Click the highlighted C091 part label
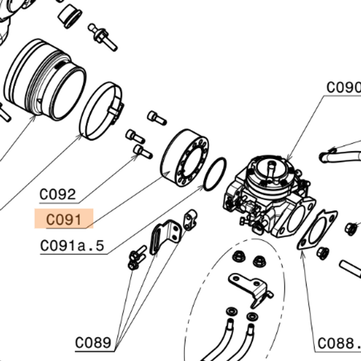[x=64, y=219]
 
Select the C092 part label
[x=58, y=195]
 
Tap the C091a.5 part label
[x=73, y=246]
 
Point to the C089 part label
[x=94, y=342]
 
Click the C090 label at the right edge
[x=343, y=87]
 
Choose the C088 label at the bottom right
[x=338, y=343]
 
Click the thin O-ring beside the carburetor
[x=214, y=174]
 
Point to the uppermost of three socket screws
[x=157, y=117]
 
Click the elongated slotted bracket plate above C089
[x=164, y=236]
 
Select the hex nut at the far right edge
[x=350, y=227]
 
